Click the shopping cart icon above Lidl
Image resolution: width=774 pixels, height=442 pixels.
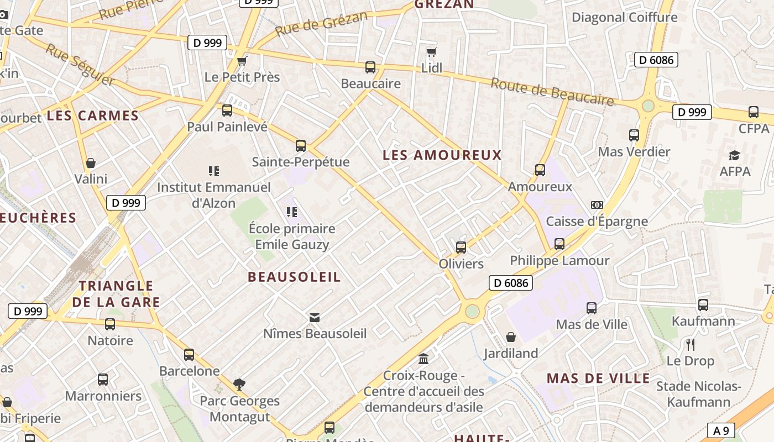pyautogui.click(x=431, y=52)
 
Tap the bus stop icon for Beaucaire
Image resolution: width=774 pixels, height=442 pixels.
pyautogui.click(x=370, y=67)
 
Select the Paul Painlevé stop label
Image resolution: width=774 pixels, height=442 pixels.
pyautogui.click(x=227, y=127)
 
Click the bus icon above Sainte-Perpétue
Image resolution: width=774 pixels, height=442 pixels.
pyautogui.click(x=301, y=146)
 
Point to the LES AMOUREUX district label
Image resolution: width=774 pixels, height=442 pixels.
pyautogui.click(x=442, y=155)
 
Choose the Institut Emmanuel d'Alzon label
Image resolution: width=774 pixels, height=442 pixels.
pyautogui.click(x=214, y=195)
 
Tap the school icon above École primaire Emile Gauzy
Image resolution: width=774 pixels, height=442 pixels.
pyautogui.click(x=292, y=212)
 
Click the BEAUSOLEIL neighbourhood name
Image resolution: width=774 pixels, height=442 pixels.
pyautogui.click(x=294, y=277)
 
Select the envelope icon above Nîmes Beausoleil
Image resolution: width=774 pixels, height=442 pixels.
pyautogui.click(x=315, y=317)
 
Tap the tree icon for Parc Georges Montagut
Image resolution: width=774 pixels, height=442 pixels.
pyautogui.click(x=239, y=384)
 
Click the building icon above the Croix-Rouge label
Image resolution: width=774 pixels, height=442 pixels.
pyautogui.click(x=423, y=359)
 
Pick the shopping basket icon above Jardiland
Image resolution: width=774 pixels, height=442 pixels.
pyautogui.click(x=511, y=337)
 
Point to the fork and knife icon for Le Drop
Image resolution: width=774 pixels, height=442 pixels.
pyautogui.click(x=690, y=345)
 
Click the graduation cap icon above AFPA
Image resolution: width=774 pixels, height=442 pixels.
pyautogui.click(x=735, y=156)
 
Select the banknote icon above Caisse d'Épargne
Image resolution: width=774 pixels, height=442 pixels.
pyautogui.click(x=597, y=205)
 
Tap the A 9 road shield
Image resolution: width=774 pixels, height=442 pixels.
pyautogui.click(x=721, y=430)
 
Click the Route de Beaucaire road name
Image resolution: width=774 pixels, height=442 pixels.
pyautogui.click(x=552, y=92)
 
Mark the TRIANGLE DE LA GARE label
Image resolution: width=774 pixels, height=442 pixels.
pyautogui.click(x=116, y=294)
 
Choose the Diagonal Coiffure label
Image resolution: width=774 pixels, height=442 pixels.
pyautogui.click(x=624, y=17)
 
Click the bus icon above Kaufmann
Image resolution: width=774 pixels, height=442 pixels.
pyautogui.click(x=703, y=304)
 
